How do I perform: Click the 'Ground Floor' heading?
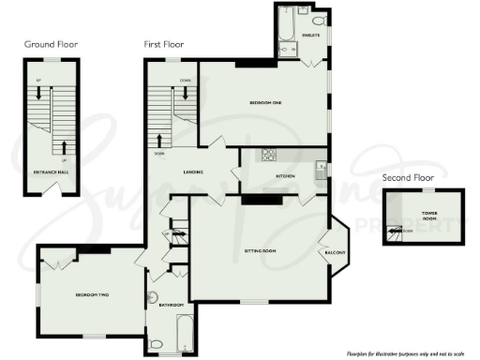(52, 44)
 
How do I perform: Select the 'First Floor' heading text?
(165, 44)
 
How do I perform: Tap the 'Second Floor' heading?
(408, 177)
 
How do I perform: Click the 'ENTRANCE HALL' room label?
(51, 172)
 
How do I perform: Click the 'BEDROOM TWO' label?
(92, 295)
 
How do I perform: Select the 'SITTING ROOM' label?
(260, 252)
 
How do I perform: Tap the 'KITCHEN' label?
(285, 175)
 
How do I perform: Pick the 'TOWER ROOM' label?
(429, 216)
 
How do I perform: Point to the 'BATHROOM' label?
(170, 305)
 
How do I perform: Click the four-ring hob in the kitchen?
(267, 156)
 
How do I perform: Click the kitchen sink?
(321, 169)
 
